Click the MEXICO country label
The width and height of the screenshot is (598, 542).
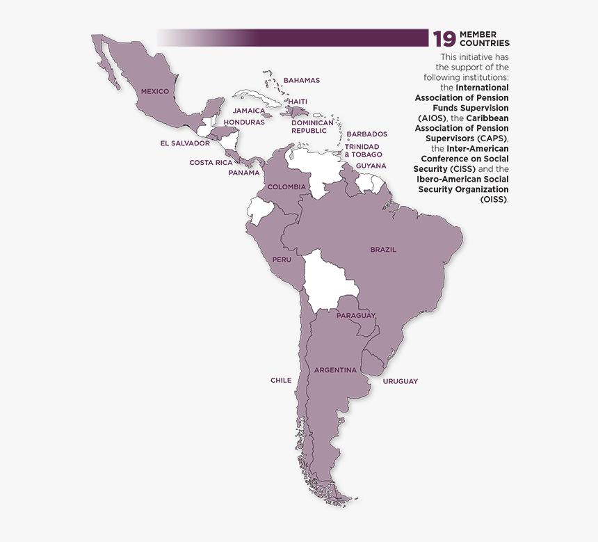pos(155,91)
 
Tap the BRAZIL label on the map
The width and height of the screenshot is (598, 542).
pos(383,250)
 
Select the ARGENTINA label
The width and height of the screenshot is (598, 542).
pos(335,370)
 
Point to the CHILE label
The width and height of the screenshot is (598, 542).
pos(281,381)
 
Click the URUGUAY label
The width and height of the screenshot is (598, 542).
pos(401,381)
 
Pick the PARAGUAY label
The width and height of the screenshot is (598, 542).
pos(356,316)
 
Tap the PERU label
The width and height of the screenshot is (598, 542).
pos(282,260)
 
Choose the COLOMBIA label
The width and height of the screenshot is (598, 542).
pos(286,186)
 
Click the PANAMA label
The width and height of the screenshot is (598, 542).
pos(244,173)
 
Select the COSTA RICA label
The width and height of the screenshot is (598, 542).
pos(211,163)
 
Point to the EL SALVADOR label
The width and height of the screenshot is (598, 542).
pos(184,143)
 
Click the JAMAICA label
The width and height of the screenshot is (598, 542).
pos(249,111)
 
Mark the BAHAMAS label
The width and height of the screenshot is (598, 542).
pos(302,80)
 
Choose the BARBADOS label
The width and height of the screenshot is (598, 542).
pos(366,134)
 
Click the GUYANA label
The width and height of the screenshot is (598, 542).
pos(371,166)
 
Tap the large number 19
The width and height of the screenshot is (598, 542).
pos(444,40)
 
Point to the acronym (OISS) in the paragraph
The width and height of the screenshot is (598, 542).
pos(493,199)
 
